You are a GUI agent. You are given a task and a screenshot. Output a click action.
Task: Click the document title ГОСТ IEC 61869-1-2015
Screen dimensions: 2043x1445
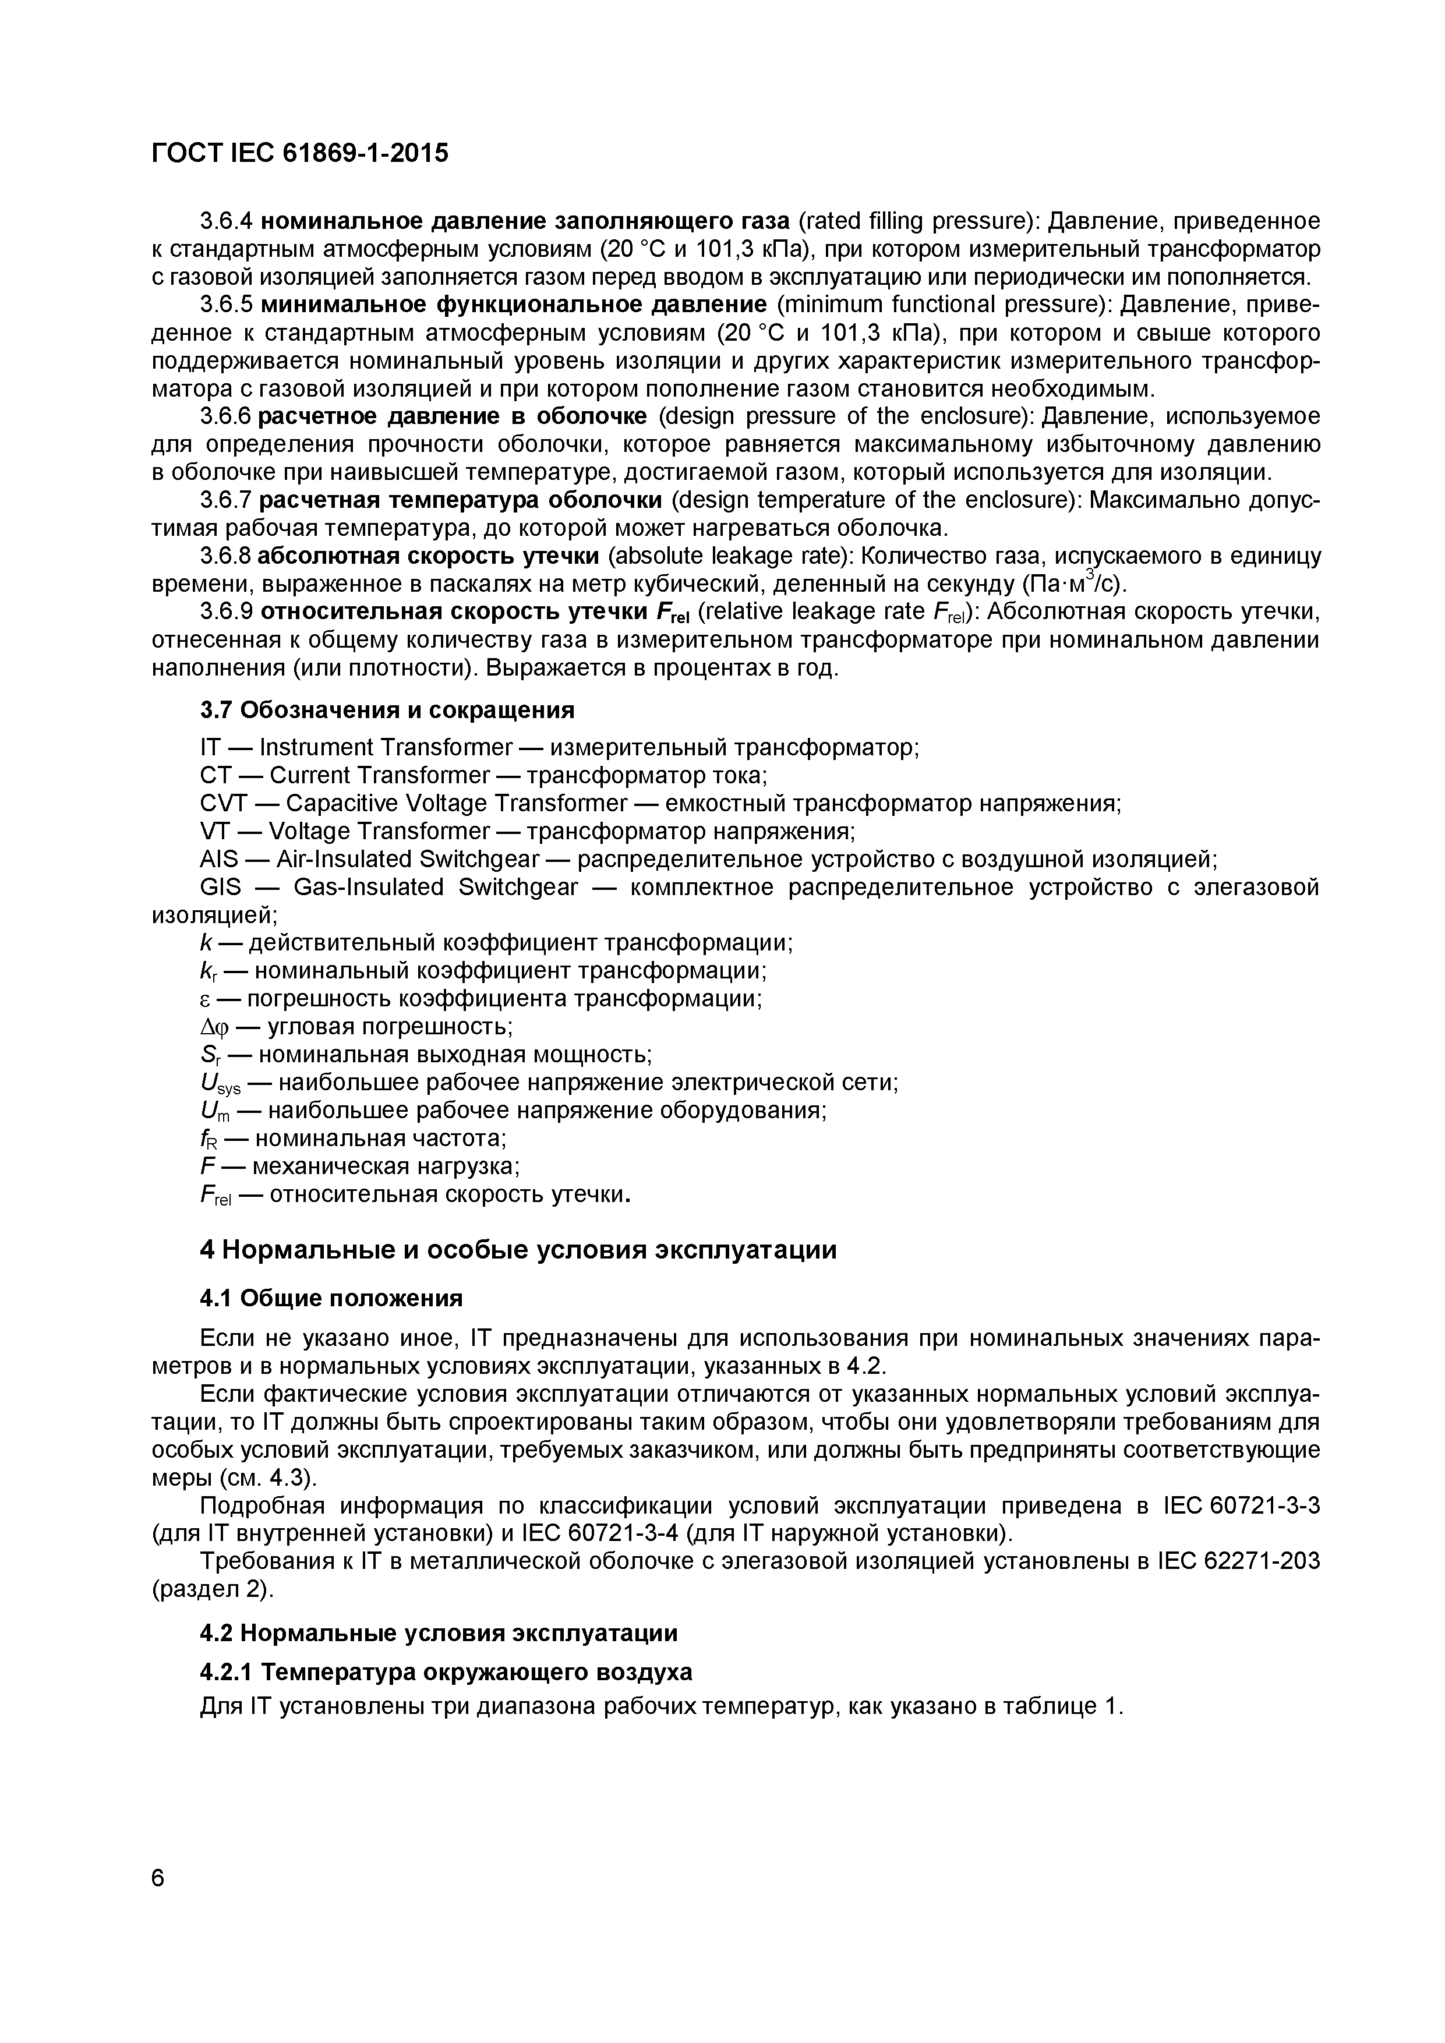(x=300, y=154)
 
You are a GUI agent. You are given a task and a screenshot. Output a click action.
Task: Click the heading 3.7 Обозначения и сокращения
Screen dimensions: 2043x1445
(x=387, y=710)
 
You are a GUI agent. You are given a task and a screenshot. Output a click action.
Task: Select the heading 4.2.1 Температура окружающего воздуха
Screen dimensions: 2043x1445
(x=446, y=1673)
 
